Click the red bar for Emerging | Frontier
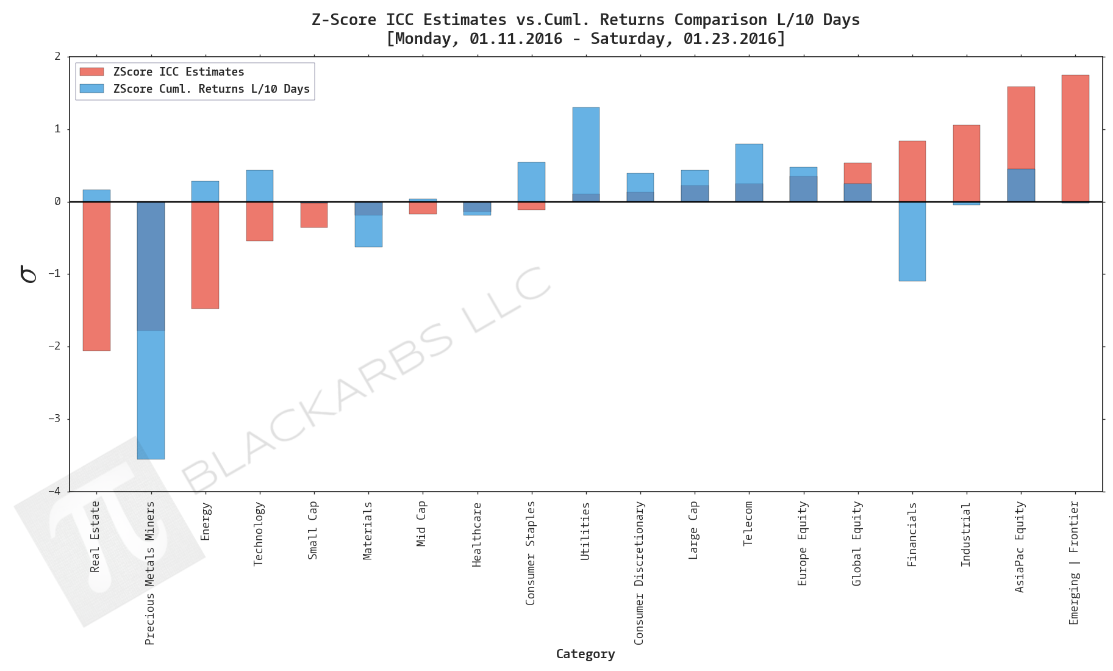click(x=1075, y=138)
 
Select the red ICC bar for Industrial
click(x=966, y=163)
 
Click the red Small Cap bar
click(x=313, y=215)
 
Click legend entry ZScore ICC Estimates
click(x=178, y=72)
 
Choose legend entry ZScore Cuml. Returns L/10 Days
click(x=211, y=89)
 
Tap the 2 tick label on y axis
click(x=58, y=57)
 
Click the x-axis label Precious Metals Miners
click(x=150, y=572)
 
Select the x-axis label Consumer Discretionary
click(x=639, y=572)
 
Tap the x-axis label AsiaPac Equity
click(x=1020, y=547)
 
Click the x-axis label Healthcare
click(x=477, y=534)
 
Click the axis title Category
click(x=585, y=654)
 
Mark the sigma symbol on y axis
click(x=28, y=274)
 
